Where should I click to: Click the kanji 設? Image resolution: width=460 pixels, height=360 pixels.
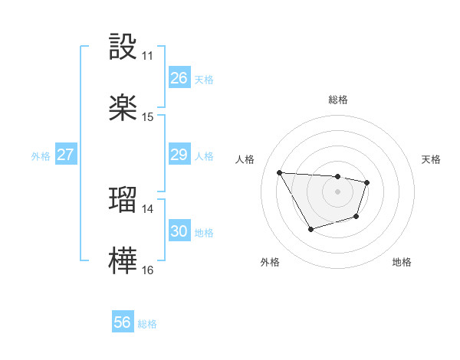(123, 47)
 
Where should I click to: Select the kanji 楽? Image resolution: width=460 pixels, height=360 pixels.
(123, 107)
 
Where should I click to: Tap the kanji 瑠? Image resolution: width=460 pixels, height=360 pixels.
(123, 198)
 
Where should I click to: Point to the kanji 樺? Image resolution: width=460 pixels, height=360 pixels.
(123, 260)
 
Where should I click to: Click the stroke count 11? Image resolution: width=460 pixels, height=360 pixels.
(148, 56)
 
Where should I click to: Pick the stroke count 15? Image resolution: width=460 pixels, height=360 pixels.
(148, 117)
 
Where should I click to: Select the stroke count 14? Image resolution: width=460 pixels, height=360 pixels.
(148, 208)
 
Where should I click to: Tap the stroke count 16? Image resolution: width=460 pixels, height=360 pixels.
(148, 270)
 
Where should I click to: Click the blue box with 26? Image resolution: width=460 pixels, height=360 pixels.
(179, 78)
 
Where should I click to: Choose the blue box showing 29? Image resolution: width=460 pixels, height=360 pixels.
(179, 155)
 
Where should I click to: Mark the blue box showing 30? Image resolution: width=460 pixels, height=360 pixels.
(179, 231)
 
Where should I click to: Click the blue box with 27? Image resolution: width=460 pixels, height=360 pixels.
(65, 155)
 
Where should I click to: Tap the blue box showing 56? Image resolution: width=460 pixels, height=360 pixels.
(122, 322)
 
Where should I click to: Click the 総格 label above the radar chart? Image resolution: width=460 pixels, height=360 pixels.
(337, 100)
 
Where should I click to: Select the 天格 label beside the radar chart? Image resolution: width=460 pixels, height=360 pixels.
(432, 159)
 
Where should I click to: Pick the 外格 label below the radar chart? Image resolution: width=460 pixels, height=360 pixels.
(270, 262)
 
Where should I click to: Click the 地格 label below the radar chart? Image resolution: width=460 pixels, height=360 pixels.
(402, 262)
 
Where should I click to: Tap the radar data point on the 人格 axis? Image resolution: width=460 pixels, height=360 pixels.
(279, 172)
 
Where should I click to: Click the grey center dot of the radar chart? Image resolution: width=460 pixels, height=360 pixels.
(337, 191)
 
